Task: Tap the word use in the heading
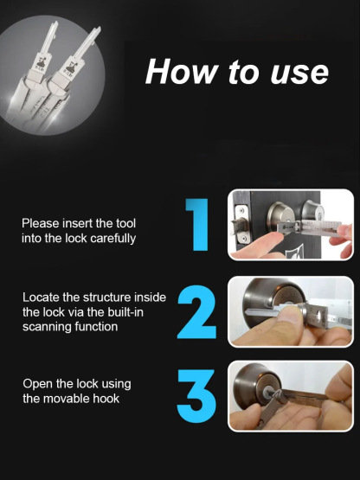click(x=299, y=74)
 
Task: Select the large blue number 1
click(x=197, y=225)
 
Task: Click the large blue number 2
click(x=196, y=311)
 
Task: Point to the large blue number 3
click(x=196, y=396)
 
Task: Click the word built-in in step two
click(x=125, y=312)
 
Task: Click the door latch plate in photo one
click(x=241, y=224)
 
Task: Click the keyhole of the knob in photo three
click(x=267, y=392)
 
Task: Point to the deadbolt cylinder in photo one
click(x=280, y=216)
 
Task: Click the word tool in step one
click(x=125, y=223)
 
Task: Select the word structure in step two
click(x=107, y=298)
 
